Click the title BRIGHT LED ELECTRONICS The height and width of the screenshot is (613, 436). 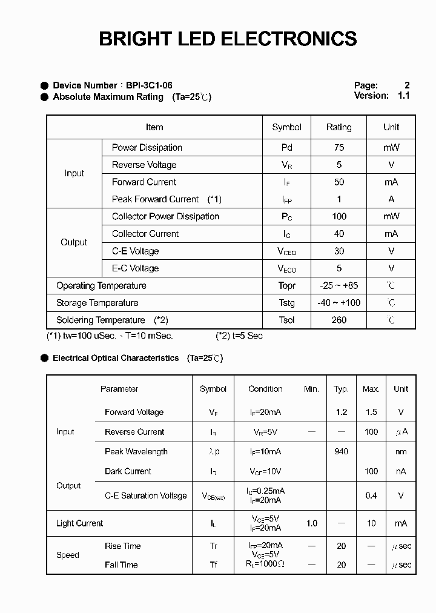tap(228, 39)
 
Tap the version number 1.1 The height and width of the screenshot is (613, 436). tap(403, 96)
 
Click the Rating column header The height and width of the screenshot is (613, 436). tap(339, 127)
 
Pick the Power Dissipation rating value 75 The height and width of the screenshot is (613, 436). tap(339, 148)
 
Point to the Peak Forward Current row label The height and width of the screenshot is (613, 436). tap(155, 199)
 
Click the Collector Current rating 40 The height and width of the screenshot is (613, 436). tap(339, 234)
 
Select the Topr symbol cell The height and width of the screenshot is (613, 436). tap(287, 286)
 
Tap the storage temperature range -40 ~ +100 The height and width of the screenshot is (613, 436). tap(339, 303)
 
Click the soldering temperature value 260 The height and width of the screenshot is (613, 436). tap(339, 320)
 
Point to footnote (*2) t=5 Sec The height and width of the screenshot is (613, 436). tap(239, 336)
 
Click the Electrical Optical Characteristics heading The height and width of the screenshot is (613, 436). tap(116, 358)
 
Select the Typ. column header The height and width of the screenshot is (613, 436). tap(342, 389)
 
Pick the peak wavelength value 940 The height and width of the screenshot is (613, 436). tap(342, 452)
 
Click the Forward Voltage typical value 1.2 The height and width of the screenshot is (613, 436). tap(342, 412)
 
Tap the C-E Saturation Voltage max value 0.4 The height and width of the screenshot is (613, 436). tap(371, 495)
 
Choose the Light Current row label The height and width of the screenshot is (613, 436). tap(79, 523)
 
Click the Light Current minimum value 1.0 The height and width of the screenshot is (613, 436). tap(311, 523)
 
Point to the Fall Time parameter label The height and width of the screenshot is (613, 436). tap(121, 565)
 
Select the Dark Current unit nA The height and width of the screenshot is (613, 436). tap(401, 471)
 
